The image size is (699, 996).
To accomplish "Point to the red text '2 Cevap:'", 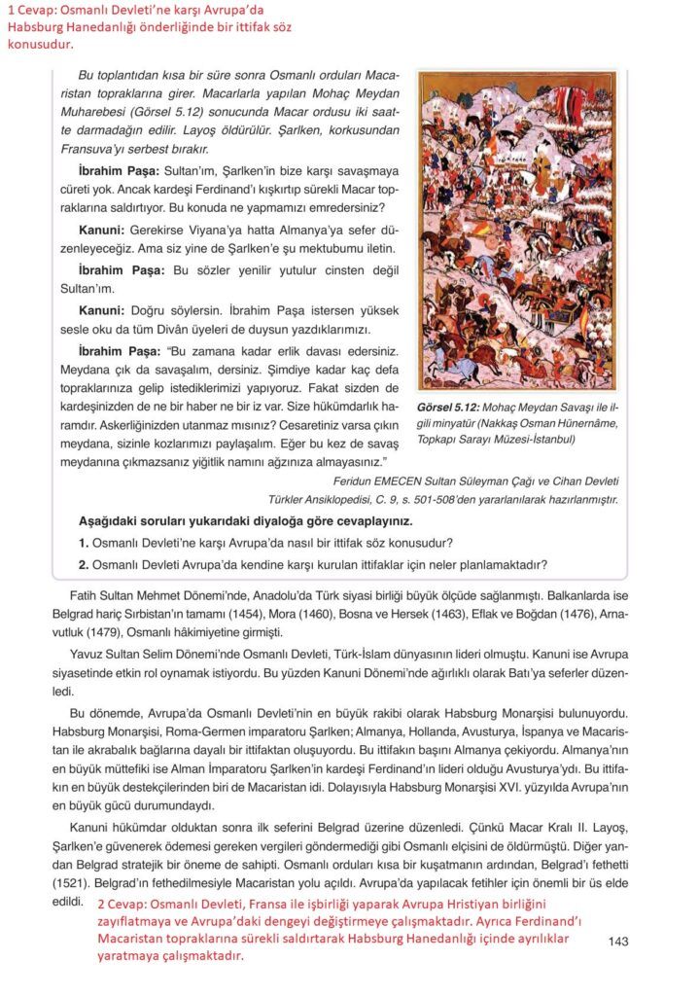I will (x=123, y=905).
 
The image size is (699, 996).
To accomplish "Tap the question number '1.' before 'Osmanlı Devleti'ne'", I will (x=84, y=542).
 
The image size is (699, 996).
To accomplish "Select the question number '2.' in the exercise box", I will (x=84, y=563).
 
